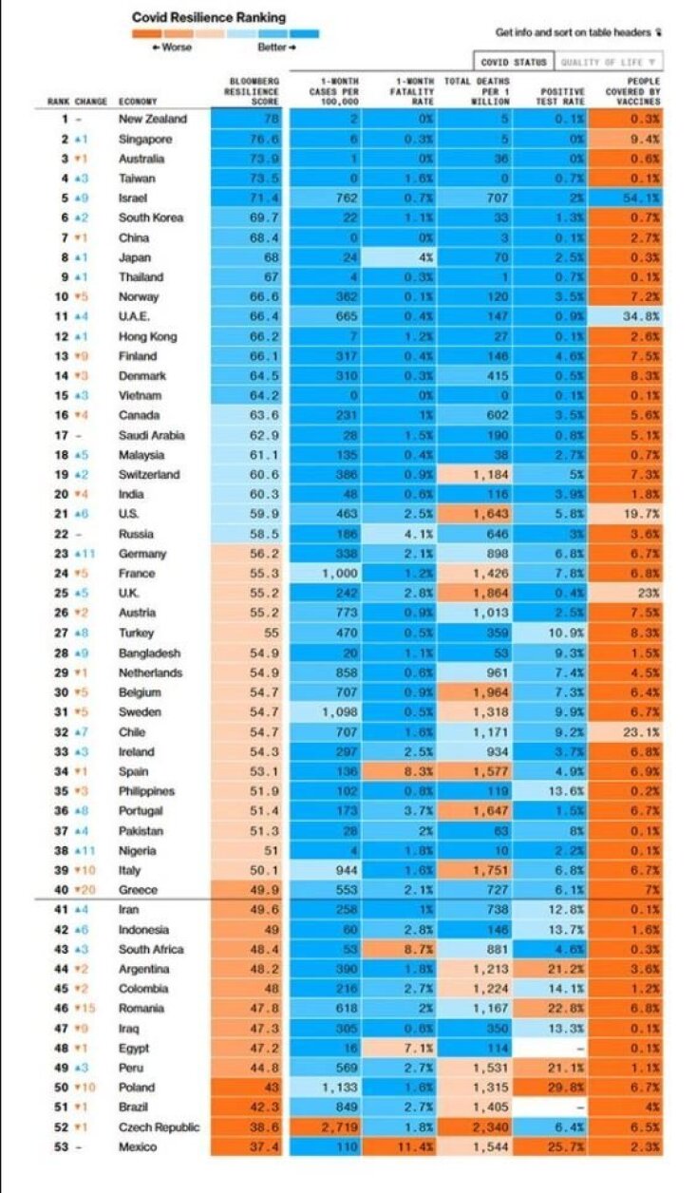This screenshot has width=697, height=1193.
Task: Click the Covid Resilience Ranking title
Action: click(208, 17)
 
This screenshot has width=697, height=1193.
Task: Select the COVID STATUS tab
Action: click(514, 63)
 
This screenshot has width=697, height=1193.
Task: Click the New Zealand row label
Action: click(152, 120)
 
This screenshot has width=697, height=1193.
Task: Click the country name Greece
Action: click(139, 890)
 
